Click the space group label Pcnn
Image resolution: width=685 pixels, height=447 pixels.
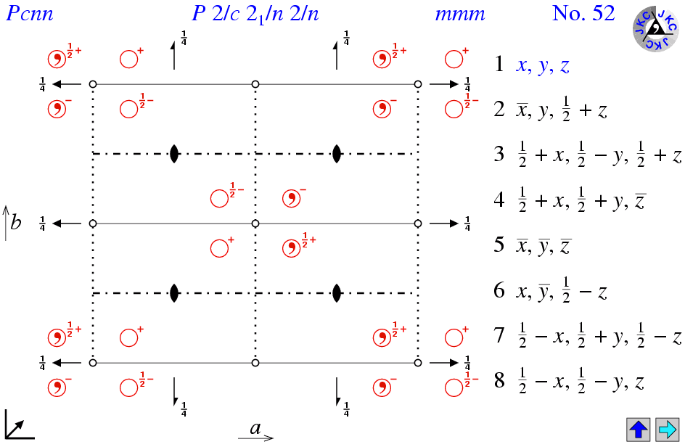coord(30,14)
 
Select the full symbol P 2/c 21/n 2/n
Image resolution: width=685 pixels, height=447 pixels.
coord(255,14)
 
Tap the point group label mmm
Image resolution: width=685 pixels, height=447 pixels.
coord(459,14)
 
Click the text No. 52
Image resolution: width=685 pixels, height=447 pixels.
coord(583,13)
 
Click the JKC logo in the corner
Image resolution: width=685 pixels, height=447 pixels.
coord(655,29)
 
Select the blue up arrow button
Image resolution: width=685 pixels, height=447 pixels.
coord(638,429)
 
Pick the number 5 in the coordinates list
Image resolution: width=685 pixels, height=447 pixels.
coord(499,245)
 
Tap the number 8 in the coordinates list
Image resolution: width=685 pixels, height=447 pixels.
coord(499,381)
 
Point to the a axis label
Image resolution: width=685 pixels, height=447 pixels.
coord(255,429)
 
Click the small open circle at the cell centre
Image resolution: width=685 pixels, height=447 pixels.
coord(255,223)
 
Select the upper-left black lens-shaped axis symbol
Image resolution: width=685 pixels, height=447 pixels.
coord(174,154)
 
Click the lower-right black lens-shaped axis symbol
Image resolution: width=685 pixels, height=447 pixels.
coord(337,293)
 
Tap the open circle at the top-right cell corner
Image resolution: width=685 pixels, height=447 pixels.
coord(418,85)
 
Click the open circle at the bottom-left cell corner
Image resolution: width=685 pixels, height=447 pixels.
coord(93,363)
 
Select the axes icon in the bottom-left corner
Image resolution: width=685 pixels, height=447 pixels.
coord(19,425)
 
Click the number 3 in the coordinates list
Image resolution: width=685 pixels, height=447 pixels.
coord(499,155)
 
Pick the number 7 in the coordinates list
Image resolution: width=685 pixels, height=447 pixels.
coord(499,337)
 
